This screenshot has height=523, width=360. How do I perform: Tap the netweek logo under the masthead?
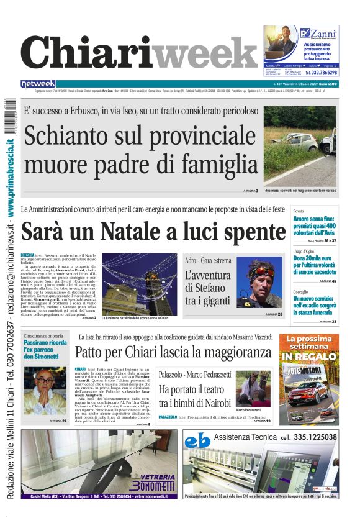(38, 84)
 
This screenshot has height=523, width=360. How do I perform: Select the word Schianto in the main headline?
(74, 134)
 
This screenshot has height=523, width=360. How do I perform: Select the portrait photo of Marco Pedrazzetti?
(253, 388)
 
